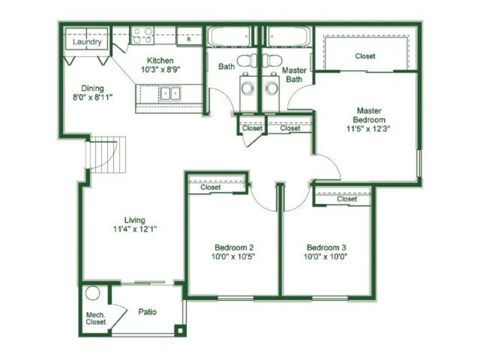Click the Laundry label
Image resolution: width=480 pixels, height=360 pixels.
tap(87, 41)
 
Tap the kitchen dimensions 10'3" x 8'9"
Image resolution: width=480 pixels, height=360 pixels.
tap(160, 70)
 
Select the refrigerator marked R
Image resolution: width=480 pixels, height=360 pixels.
tap(189, 37)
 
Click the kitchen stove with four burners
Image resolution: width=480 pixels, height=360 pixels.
tap(143, 35)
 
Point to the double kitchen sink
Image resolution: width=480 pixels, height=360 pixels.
tap(170, 93)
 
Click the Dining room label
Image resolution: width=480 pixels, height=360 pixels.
tap(92, 88)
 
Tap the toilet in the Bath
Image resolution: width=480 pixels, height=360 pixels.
tap(247, 61)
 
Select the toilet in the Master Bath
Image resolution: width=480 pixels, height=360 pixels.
tap(272, 61)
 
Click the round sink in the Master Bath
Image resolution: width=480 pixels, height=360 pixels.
tap(272, 88)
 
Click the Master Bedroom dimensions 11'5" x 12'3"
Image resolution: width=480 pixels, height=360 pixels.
tap(368, 128)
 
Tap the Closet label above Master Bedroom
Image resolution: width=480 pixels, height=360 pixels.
tap(365, 56)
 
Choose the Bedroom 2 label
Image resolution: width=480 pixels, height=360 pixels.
tap(234, 247)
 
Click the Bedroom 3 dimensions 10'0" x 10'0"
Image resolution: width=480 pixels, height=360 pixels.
tap(326, 257)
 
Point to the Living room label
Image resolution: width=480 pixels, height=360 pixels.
tap(134, 220)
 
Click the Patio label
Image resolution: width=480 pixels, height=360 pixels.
tap(148, 312)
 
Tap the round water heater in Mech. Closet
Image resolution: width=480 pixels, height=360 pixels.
tap(93, 293)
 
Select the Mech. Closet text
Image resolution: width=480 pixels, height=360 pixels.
tap(96, 319)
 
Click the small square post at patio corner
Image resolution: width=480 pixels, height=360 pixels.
tap(180, 331)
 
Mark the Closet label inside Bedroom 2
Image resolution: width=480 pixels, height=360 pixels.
tap(211, 187)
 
